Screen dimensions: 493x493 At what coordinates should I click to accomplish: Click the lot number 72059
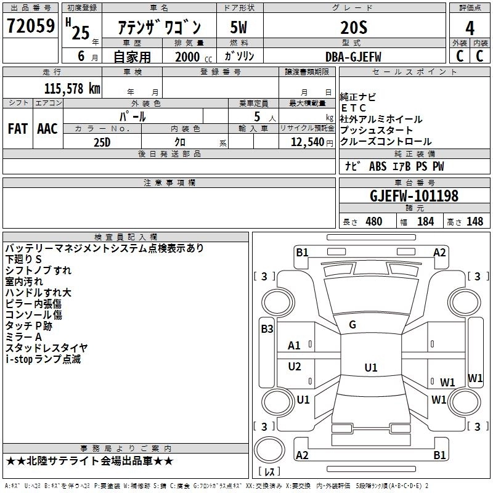pyautogui.click(x=30, y=27)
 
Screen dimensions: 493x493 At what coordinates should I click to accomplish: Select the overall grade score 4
pyautogui.click(x=470, y=28)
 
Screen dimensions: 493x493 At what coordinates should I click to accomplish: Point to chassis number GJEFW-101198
pyautogui.click(x=414, y=196)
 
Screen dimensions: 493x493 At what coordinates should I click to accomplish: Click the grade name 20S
pyautogui.click(x=354, y=28)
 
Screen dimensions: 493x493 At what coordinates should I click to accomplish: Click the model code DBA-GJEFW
pyautogui.click(x=353, y=57)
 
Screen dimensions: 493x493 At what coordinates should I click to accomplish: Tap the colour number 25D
pyautogui.click(x=102, y=142)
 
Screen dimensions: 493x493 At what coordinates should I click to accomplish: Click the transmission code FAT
pyautogui.click(x=18, y=129)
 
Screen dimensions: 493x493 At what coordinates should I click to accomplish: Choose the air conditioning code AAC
pyautogui.click(x=47, y=129)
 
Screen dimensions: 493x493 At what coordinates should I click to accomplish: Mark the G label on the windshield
pyautogui.click(x=352, y=324)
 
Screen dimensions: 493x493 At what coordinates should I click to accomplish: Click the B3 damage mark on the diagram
pyautogui.click(x=267, y=329)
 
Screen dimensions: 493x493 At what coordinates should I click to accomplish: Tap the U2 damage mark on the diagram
pyautogui.click(x=295, y=367)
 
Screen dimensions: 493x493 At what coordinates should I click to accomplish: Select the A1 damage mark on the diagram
pyautogui.click(x=295, y=346)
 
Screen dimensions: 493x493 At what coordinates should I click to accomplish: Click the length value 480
pyautogui.click(x=373, y=221)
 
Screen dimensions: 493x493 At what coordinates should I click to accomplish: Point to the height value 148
pyautogui.click(x=475, y=221)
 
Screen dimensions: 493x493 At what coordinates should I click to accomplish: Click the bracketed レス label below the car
pyautogui.click(x=269, y=473)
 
